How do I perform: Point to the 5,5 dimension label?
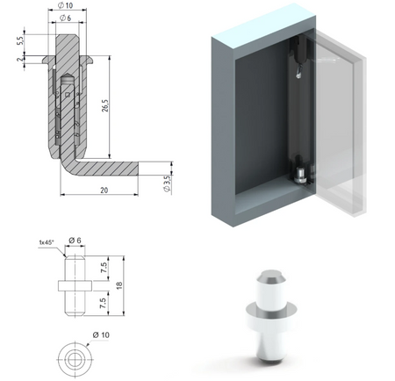[18, 40]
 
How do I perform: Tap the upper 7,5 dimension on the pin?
[102, 267]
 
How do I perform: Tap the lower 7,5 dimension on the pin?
[102, 304]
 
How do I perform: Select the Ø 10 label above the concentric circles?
[101, 335]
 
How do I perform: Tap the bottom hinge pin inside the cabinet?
[301, 175]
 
